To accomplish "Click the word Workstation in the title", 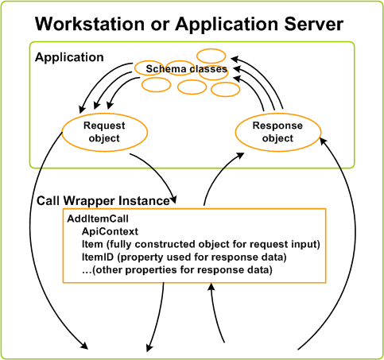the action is pyautogui.click(x=90, y=24).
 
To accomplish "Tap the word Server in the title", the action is pyautogui.click(x=314, y=24).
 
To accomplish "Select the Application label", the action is pyautogui.click(x=69, y=58).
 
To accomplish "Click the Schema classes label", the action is pyautogui.click(x=186, y=69).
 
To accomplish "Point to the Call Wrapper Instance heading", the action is pyautogui.click(x=103, y=201).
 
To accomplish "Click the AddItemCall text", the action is pyautogui.click(x=98, y=219).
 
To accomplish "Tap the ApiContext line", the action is pyautogui.click(x=110, y=231).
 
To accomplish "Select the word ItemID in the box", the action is pyautogui.click(x=98, y=257).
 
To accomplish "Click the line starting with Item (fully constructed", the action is pyautogui.click(x=201, y=244).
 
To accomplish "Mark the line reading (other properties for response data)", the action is pyautogui.click(x=177, y=270).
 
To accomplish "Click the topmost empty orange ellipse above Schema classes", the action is pyautogui.click(x=211, y=56).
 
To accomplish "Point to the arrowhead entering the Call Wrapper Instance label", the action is pyautogui.click(x=173, y=199).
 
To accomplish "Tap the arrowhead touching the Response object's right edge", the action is pyautogui.click(x=323, y=141).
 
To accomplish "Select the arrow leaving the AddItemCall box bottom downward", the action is pyautogui.click(x=158, y=317).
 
